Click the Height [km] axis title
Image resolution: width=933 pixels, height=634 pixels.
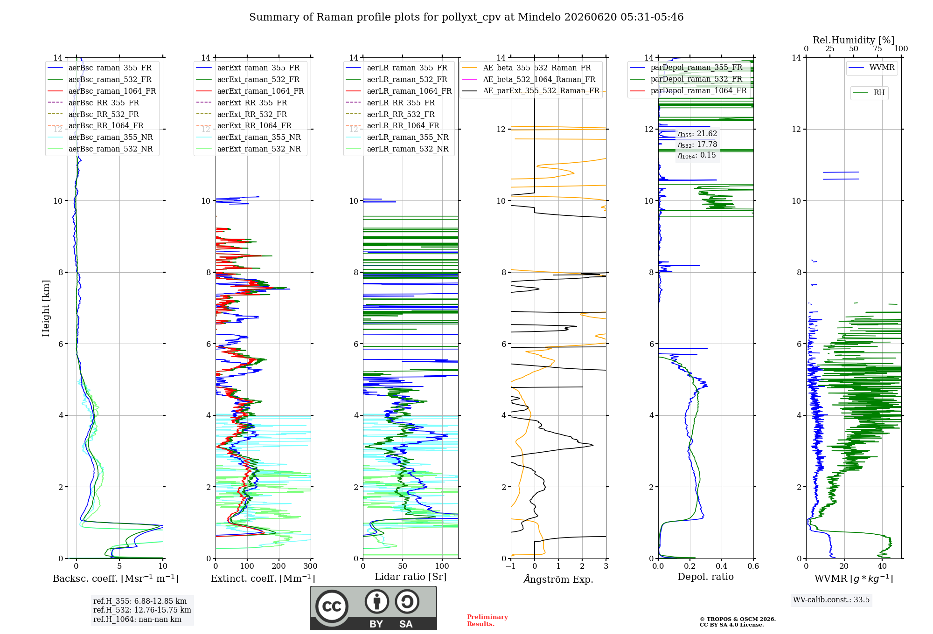click(x=46, y=308)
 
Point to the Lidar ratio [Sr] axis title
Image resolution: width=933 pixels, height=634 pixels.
click(x=411, y=577)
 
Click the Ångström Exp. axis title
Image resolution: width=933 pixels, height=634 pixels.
click(x=558, y=579)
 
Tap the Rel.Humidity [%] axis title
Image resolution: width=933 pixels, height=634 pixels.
click(x=854, y=40)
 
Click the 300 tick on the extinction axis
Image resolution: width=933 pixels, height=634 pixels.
click(x=311, y=566)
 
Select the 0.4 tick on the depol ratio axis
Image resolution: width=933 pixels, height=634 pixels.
click(x=722, y=566)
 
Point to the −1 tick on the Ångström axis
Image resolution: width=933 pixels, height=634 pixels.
click(x=511, y=566)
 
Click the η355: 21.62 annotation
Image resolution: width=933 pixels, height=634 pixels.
click(x=697, y=134)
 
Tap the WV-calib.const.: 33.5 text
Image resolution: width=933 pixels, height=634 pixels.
click(x=831, y=600)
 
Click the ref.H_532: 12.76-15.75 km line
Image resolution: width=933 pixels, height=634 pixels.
click(x=142, y=610)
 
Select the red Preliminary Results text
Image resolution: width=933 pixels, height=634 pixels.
click(x=487, y=620)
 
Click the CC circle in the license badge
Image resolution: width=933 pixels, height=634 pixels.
click(x=332, y=606)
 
